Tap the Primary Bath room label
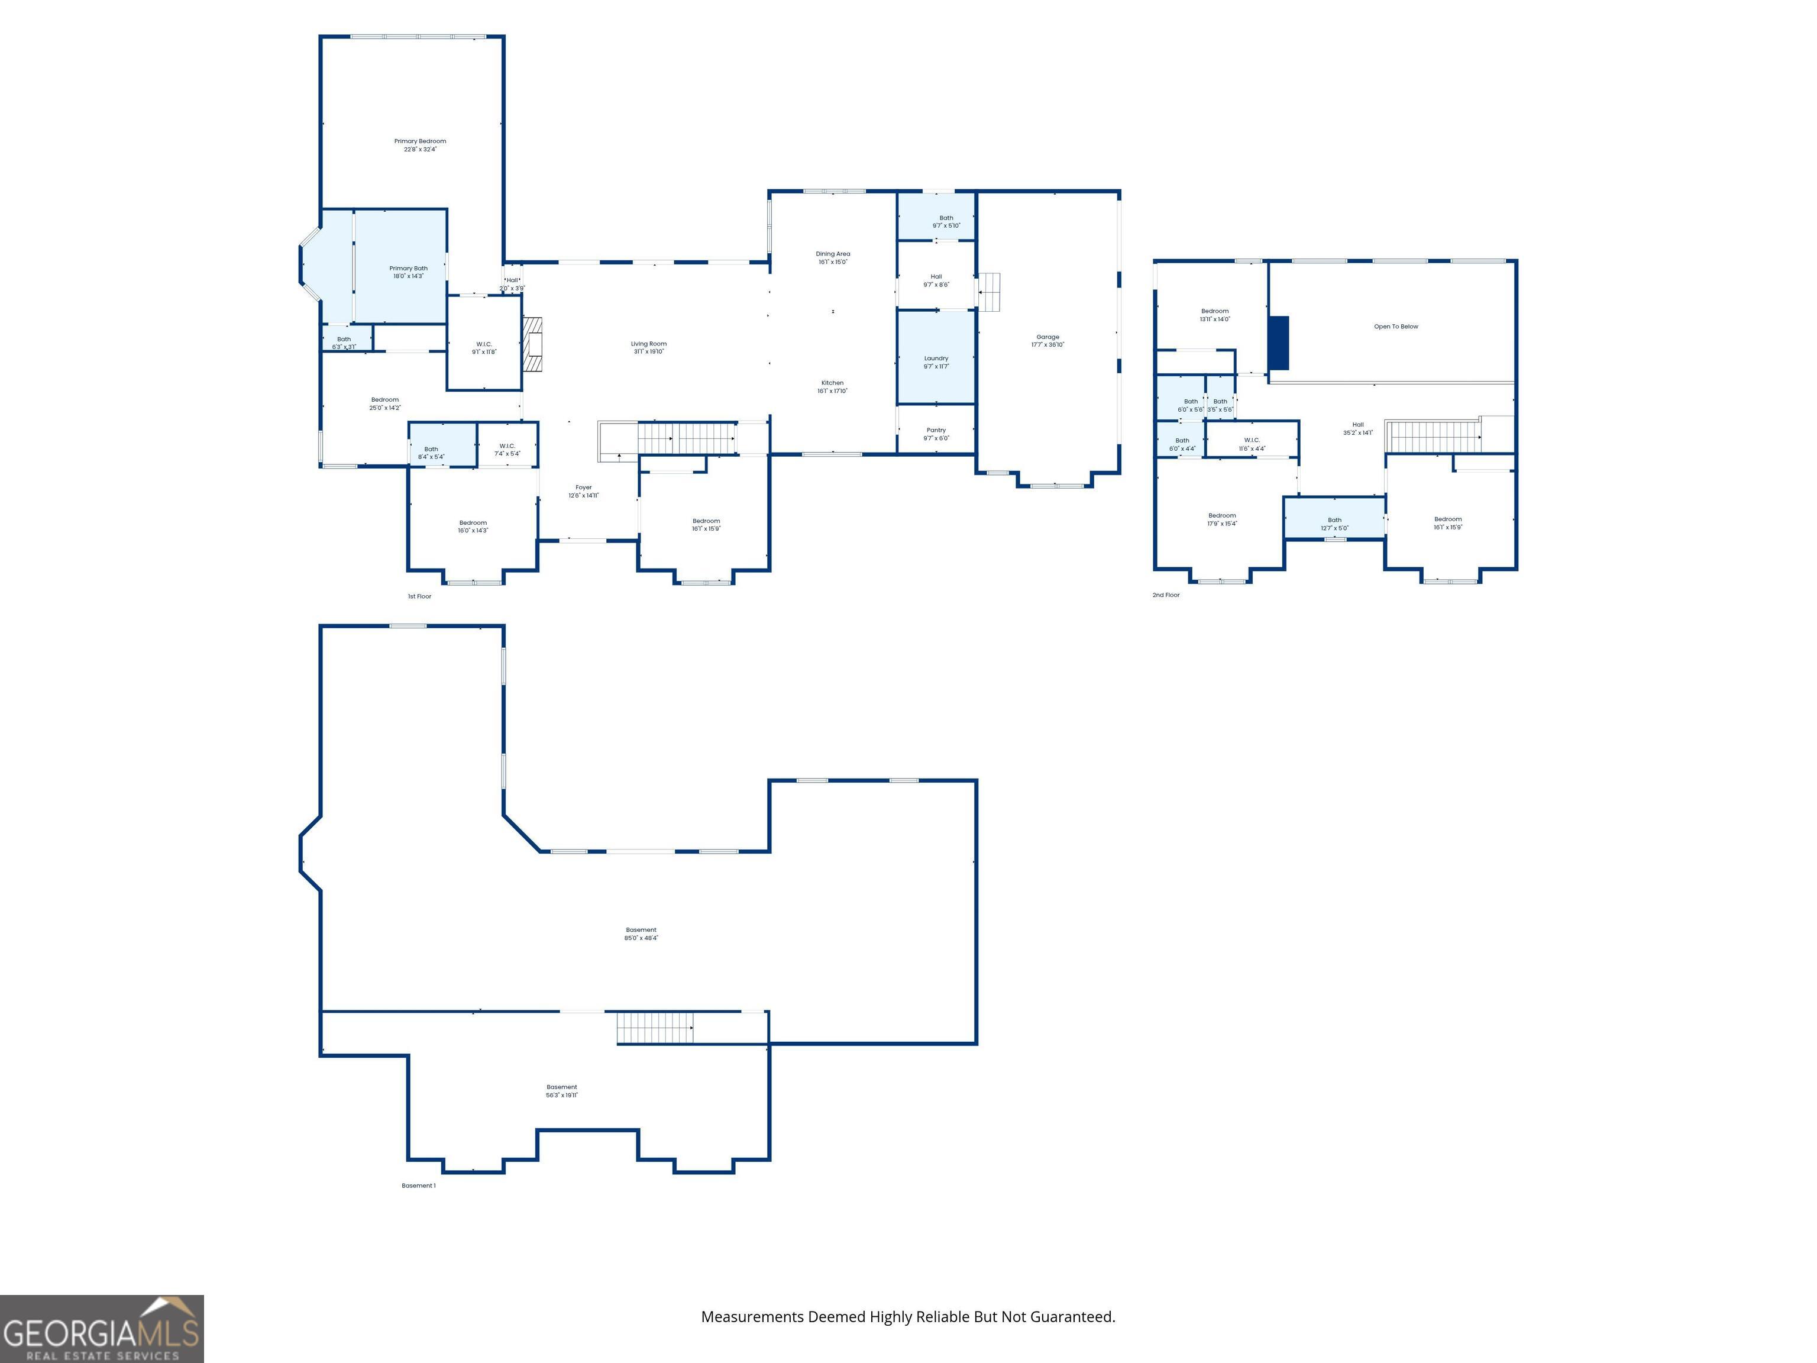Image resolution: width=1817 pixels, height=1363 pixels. click(x=408, y=272)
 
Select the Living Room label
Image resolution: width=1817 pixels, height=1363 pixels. click(x=648, y=347)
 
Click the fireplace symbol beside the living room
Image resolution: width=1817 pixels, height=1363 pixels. click(x=533, y=344)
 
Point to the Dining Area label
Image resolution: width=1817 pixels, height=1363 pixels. click(x=832, y=258)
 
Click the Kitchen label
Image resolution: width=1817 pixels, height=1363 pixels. click(x=832, y=387)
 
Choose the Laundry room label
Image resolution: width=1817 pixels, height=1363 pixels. click(x=936, y=362)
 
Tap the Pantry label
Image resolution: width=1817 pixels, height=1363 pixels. click(x=936, y=434)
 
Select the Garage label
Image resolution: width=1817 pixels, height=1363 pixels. click(x=1047, y=341)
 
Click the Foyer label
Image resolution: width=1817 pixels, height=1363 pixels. click(x=583, y=491)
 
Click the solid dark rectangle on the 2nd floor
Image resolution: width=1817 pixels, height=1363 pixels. click(x=1279, y=343)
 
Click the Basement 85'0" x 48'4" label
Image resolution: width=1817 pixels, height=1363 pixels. click(x=641, y=934)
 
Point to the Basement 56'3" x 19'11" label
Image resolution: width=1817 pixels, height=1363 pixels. click(x=562, y=1090)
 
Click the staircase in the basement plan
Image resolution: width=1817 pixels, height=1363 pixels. click(x=655, y=1028)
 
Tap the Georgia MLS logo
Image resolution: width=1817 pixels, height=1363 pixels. click(x=101, y=1329)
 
